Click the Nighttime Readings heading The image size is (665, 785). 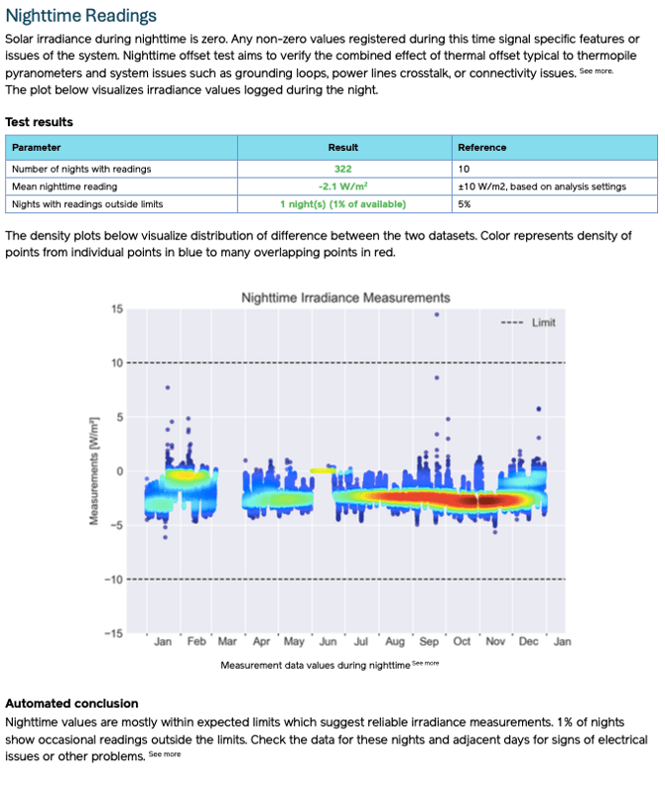(81, 16)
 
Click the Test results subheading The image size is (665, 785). (39, 122)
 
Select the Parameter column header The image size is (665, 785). (37, 148)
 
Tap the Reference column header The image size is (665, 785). (481, 148)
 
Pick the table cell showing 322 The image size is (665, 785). (343, 169)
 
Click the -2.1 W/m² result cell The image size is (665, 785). (343, 187)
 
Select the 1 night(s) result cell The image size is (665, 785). (343, 204)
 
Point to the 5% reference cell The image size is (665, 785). (465, 204)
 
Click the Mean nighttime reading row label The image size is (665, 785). (65, 187)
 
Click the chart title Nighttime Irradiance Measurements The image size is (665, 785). (345, 298)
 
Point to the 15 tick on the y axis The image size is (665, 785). (117, 310)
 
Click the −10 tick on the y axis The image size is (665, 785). (115, 580)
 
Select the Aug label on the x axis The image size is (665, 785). (395, 642)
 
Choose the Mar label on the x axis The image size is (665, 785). (227, 642)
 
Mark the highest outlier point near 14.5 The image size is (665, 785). (437, 315)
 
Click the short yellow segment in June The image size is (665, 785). (323, 470)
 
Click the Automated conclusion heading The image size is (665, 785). (71, 704)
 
